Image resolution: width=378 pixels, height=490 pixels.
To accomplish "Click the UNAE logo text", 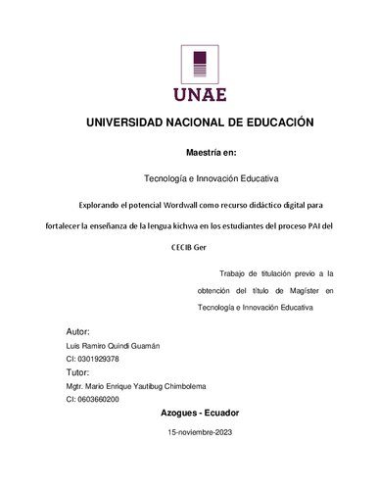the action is coord(201,94).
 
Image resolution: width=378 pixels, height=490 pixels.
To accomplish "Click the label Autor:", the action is coord(77,332).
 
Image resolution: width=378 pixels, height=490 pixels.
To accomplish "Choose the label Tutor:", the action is coord(77,372).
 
